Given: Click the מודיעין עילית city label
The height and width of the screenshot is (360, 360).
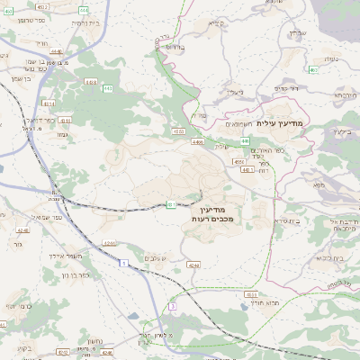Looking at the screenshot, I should (282, 122).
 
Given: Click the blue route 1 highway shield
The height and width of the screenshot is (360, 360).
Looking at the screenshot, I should (123, 262).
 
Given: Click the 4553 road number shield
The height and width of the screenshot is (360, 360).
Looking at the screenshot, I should (180, 132).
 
